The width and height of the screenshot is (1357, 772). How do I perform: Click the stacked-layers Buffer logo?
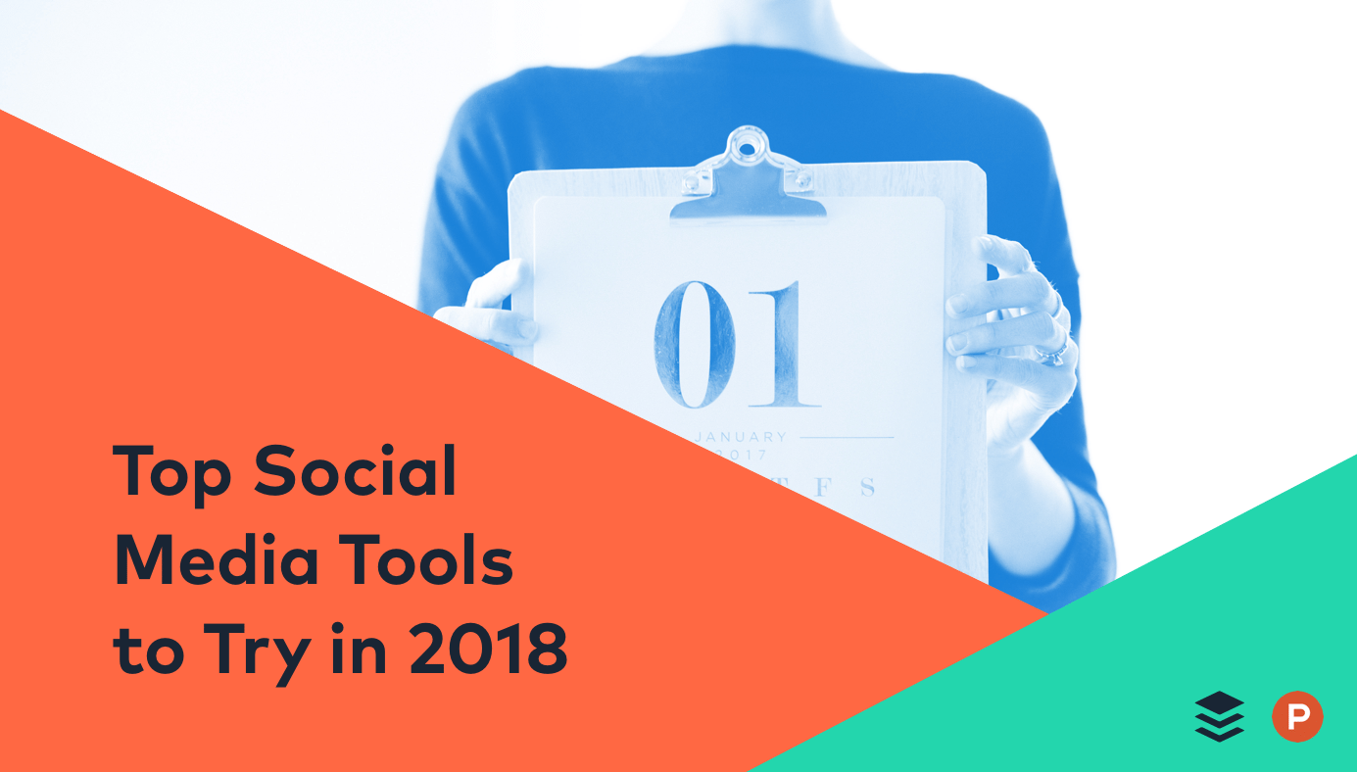coord(1219,716)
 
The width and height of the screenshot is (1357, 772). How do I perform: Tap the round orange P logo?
coord(1297,716)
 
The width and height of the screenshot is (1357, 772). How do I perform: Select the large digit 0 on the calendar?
coord(694,344)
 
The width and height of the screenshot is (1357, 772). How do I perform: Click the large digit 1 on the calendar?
coord(785,344)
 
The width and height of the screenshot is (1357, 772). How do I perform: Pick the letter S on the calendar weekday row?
coord(866,487)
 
